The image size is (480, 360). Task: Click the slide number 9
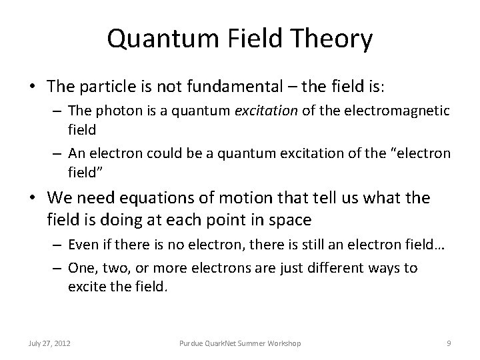point(449,343)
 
